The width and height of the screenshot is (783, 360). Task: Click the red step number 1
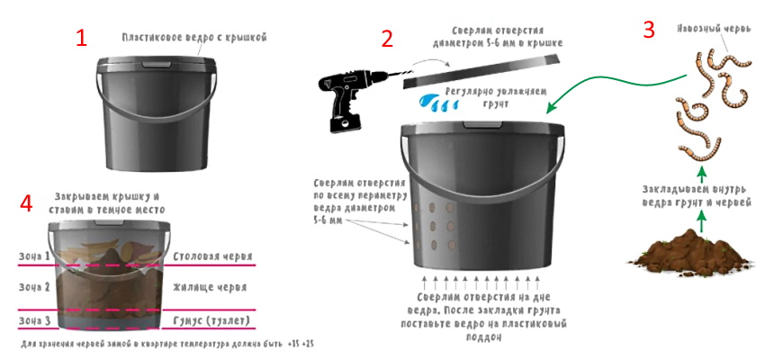point(81,38)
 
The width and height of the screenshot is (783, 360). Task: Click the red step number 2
point(387,39)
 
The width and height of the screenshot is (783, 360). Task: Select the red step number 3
point(648,30)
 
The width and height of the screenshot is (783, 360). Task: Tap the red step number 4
point(26,203)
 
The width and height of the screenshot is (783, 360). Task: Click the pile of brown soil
point(690,253)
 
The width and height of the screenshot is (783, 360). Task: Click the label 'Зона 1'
point(34,256)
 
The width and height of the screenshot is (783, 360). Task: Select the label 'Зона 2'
point(34,287)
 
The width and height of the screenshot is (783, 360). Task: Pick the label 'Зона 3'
point(34,320)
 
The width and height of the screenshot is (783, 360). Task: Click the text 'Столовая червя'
point(212,256)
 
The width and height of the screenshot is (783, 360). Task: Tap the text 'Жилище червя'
point(209,287)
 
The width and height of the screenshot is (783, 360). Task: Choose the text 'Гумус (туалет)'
point(211,320)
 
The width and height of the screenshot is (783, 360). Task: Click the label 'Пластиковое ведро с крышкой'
point(194,37)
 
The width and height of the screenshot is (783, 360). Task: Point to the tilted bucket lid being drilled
point(481,70)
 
